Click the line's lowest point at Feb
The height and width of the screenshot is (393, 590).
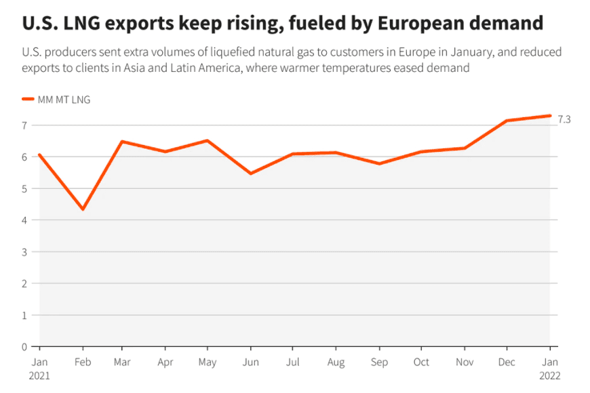[x=83, y=209]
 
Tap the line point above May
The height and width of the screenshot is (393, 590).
[x=208, y=140]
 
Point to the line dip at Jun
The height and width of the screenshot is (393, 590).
[x=251, y=173]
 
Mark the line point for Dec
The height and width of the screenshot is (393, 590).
[x=507, y=121]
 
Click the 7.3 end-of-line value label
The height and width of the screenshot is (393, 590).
[x=564, y=119]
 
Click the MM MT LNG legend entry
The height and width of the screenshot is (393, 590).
[x=64, y=100]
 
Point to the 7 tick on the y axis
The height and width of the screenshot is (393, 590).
[x=24, y=125]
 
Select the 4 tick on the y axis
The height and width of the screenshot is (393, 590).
[x=24, y=220]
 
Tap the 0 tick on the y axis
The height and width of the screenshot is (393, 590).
[x=24, y=347]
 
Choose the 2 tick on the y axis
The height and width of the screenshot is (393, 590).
[x=24, y=283]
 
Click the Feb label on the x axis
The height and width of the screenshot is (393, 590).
[x=83, y=363]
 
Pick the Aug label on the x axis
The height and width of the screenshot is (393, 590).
[x=337, y=363]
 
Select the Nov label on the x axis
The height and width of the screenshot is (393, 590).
[x=464, y=363]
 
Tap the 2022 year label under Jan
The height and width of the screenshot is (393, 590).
[x=550, y=375]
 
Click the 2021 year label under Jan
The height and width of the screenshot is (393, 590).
[x=40, y=375]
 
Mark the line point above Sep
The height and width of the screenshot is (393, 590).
[x=380, y=163]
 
